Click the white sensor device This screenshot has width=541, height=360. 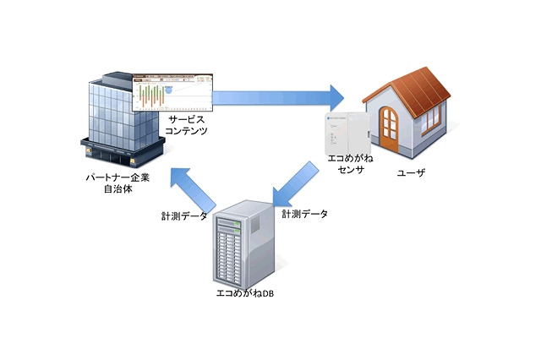(347, 131)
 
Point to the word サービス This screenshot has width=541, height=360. (187, 121)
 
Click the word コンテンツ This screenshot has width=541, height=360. (187, 133)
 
